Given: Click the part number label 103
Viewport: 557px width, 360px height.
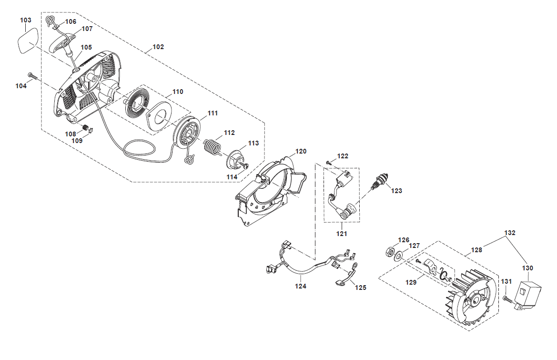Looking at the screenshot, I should pyautogui.click(x=26, y=20).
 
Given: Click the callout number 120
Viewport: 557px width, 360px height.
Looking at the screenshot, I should pyautogui.click(x=301, y=151).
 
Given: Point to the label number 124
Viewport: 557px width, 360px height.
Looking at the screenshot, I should pyautogui.click(x=300, y=286).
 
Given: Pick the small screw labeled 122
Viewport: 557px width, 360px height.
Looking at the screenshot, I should pyautogui.click(x=329, y=163).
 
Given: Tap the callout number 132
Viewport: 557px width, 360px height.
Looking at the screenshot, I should pyautogui.click(x=510, y=233).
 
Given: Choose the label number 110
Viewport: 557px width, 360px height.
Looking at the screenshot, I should pyautogui.click(x=178, y=91).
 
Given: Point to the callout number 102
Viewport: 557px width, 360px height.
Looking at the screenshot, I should pyautogui.click(x=158, y=47).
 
